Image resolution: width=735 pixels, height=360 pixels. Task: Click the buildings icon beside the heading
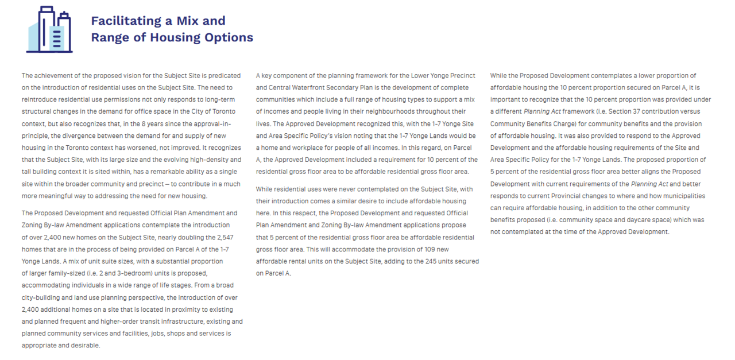pyautogui.click(x=49, y=30)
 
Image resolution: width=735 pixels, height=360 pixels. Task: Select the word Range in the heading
pyautogui.click(x=110, y=38)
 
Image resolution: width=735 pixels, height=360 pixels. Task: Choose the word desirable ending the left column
pyautogui.click(x=85, y=345)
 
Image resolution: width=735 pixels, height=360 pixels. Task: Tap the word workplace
pyautogui.click(x=304, y=147)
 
